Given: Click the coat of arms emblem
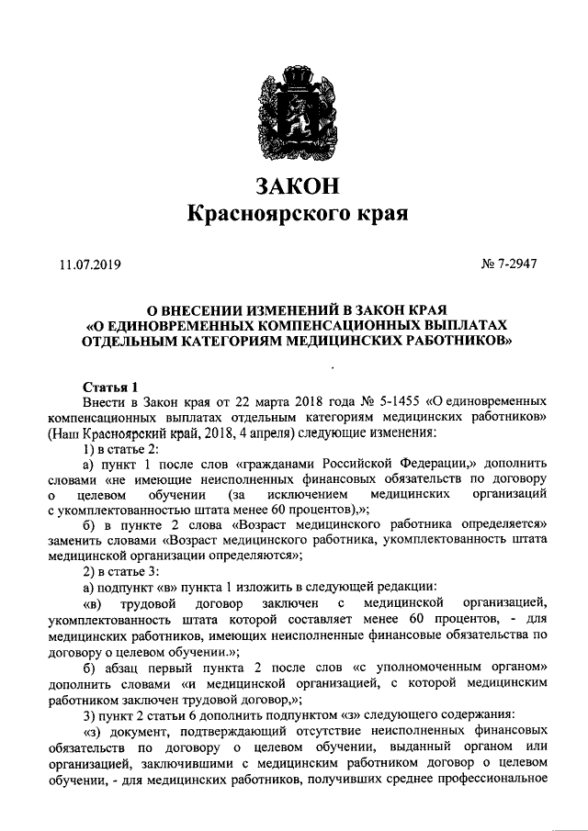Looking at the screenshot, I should [x=294, y=107].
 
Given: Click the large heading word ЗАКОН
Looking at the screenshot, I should [x=294, y=185].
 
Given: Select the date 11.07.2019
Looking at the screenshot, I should [x=90, y=266].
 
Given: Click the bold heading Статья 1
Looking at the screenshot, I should [x=109, y=387].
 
